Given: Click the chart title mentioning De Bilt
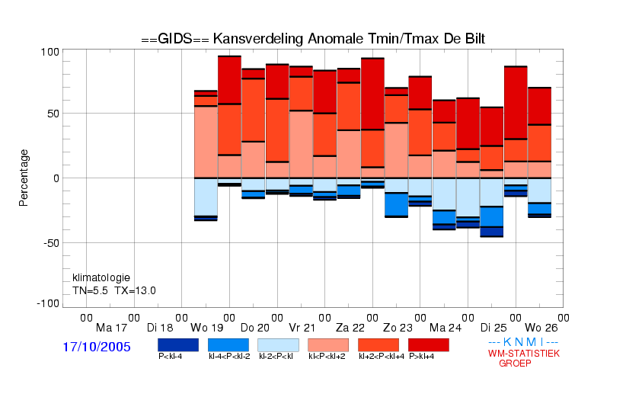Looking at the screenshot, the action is (x=313, y=39).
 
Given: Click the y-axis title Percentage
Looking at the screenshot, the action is (x=24, y=178).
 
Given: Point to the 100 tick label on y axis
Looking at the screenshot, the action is (x=50, y=52).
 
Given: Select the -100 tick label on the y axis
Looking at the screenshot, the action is (x=47, y=304).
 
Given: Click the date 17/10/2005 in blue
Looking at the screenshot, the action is (x=97, y=347).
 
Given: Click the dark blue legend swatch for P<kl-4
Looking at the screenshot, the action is (x=178, y=345).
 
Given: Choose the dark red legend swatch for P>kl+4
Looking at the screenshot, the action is (x=429, y=345).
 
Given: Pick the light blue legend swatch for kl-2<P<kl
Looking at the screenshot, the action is (x=278, y=345).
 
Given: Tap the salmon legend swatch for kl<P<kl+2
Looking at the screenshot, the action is (x=328, y=345).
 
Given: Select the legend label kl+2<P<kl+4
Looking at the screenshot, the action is (x=382, y=356).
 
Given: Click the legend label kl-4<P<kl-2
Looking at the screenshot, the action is (x=229, y=356).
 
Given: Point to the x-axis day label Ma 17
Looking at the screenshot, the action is (x=111, y=328).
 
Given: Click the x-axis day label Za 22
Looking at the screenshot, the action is (x=350, y=328).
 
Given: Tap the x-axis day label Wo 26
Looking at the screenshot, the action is (x=541, y=328).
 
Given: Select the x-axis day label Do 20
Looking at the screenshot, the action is (x=255, y=328).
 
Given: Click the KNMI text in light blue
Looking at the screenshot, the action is (x=523, y=342).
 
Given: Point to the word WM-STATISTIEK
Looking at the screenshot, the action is (x=524, y=354).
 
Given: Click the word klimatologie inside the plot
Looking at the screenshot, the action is (x=101, y=277).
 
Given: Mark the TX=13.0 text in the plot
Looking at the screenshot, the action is (x=136, y=290).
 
